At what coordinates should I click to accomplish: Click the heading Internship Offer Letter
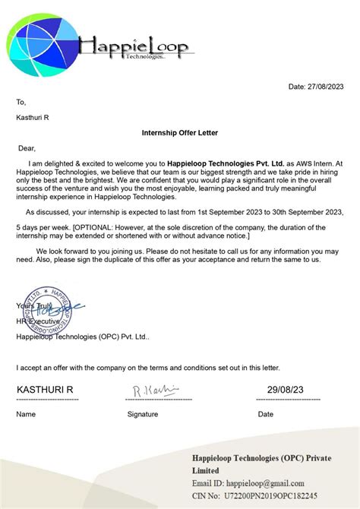point(180,133)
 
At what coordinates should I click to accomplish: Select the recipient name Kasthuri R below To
point(33,117)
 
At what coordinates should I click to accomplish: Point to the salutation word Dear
point(27,148)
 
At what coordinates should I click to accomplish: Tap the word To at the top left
point(21,102)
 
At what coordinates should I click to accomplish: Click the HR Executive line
point(40,321)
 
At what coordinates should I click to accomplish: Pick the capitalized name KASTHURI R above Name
point(45,390)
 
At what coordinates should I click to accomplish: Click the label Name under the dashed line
point(26,414)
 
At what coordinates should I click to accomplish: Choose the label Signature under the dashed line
point(143,414)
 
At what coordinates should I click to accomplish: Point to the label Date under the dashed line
point(266,414)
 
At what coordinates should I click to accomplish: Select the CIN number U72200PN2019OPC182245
point(275,495)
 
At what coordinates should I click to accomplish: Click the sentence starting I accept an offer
point(148,368)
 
